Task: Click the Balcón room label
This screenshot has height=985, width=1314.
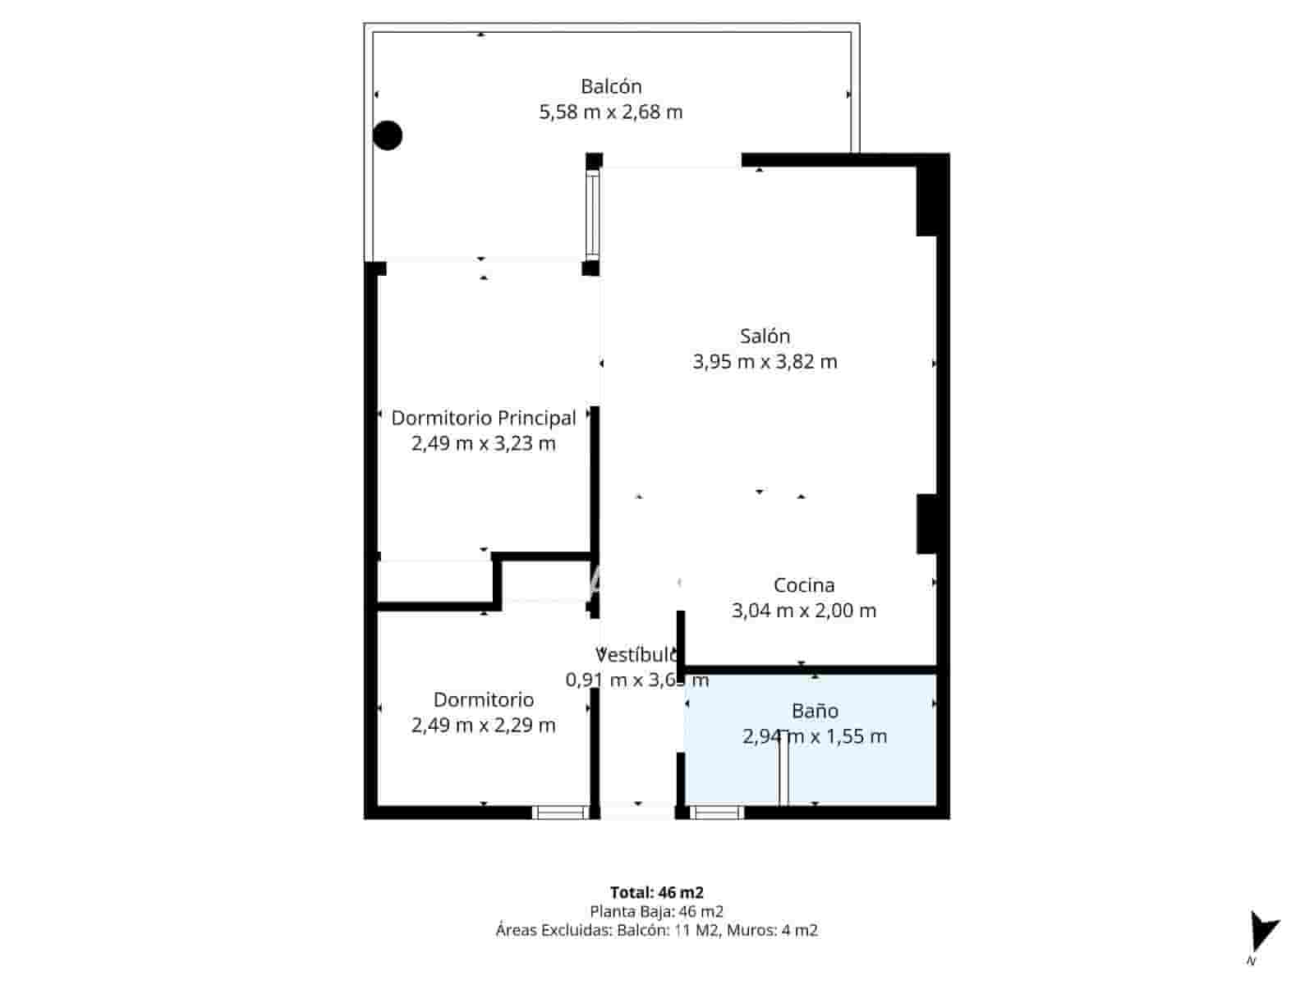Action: tap(611, 86)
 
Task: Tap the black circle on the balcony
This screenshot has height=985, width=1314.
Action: tap(388, 135)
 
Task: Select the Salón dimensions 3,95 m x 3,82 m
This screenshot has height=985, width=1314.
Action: tap(765, 362)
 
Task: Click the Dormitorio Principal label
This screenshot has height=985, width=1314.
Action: tap(483, 418)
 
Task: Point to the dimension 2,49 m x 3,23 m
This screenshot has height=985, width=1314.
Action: tap(483, 444)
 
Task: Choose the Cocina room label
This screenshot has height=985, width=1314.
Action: tap(804, 585)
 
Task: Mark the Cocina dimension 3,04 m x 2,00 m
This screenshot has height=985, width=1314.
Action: tap(804, 611)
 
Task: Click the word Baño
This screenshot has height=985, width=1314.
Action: tap(815, 711)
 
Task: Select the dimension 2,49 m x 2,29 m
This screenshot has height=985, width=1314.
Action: tap(483, 726)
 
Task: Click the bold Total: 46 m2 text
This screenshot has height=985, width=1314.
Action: tap(656, 892)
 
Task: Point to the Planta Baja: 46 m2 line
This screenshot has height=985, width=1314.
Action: tap(656, 911)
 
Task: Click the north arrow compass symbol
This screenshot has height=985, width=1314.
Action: tap(1261, 933)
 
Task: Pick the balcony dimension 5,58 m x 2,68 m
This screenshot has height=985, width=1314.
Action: tap(611, 112)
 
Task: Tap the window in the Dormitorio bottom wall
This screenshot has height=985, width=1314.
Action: tap(560, 813)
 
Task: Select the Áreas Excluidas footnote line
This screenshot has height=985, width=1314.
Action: tap(656, 930)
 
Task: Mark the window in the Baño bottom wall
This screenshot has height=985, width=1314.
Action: tap(716, 813)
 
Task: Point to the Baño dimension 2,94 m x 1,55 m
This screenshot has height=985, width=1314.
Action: tap(815, 736)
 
